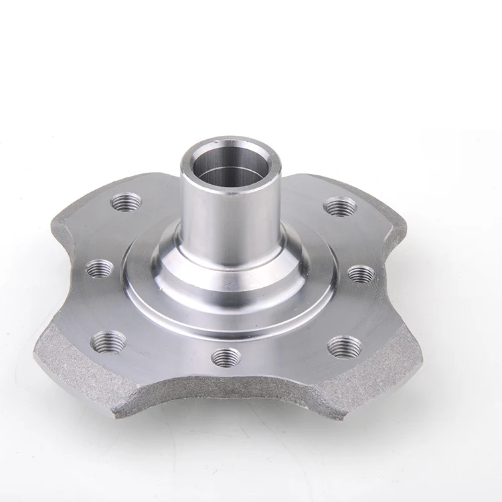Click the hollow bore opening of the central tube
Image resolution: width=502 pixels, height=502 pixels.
[230, 167]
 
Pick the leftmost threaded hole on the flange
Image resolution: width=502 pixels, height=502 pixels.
[100, 268]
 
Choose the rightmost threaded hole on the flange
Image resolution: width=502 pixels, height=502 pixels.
[361, 273]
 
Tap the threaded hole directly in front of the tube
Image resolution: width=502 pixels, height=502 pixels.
[226, 357]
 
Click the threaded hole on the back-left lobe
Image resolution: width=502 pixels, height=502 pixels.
[127, 201]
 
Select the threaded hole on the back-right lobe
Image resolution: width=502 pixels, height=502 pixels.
[339, 206]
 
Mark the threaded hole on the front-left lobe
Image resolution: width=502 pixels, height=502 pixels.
[108, 342]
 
